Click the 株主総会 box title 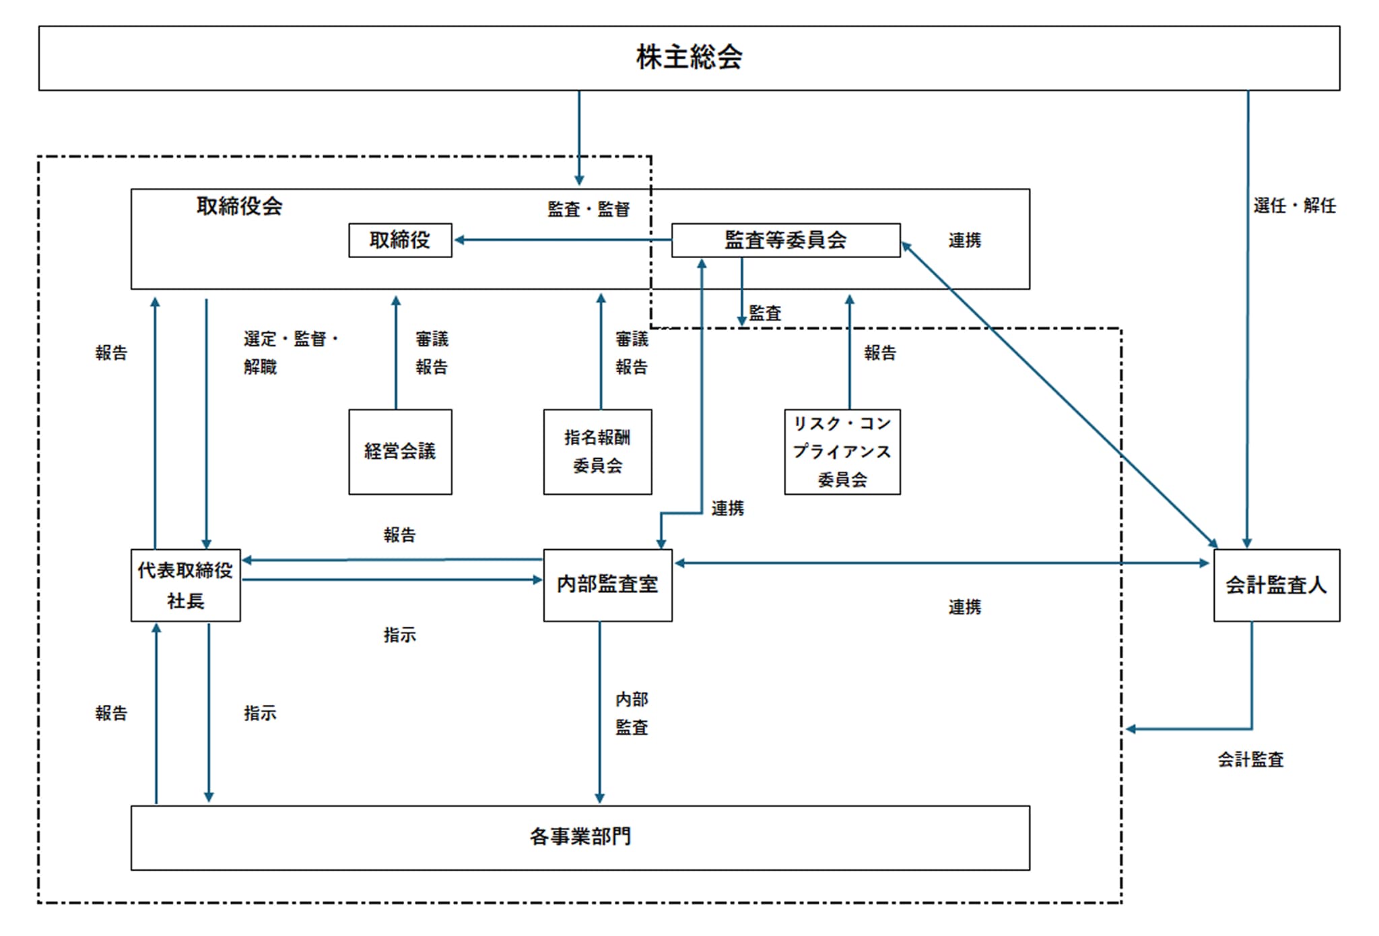click(x=689, y=57)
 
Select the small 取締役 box click(x=400, y=241)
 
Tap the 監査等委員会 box click(x=786, y=241)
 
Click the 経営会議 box click(x=400, y=451)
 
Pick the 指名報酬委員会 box click(x=597, y=451)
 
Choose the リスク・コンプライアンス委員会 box click(x=842, y=451)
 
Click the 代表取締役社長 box click(x=185, y=585)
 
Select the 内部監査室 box click(x=607, y=585)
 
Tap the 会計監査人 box click(x=1276, y=585)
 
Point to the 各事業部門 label click(x=580, y=837)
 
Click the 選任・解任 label click(x=1294, y=206)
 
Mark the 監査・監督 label click(x=588, y=210)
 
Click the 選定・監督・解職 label click(x=290, y=352)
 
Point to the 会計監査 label click(x=1250, y=760)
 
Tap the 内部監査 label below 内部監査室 click(x=632, y=714)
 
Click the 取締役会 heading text click(x=239, y=206)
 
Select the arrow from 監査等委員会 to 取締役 click(x=562, y=240)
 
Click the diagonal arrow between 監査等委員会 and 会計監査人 click(x=1059, y=394)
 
